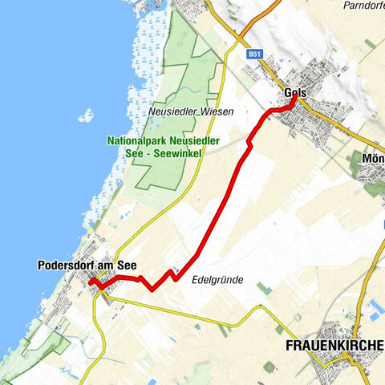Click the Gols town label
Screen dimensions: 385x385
295,93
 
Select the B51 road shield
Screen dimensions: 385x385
255,54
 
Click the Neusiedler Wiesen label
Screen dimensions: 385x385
191,112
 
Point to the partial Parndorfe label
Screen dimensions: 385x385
364,6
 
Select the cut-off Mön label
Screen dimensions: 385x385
374,158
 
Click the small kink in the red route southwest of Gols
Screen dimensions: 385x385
249,141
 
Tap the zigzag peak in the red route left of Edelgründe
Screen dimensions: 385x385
171,273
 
